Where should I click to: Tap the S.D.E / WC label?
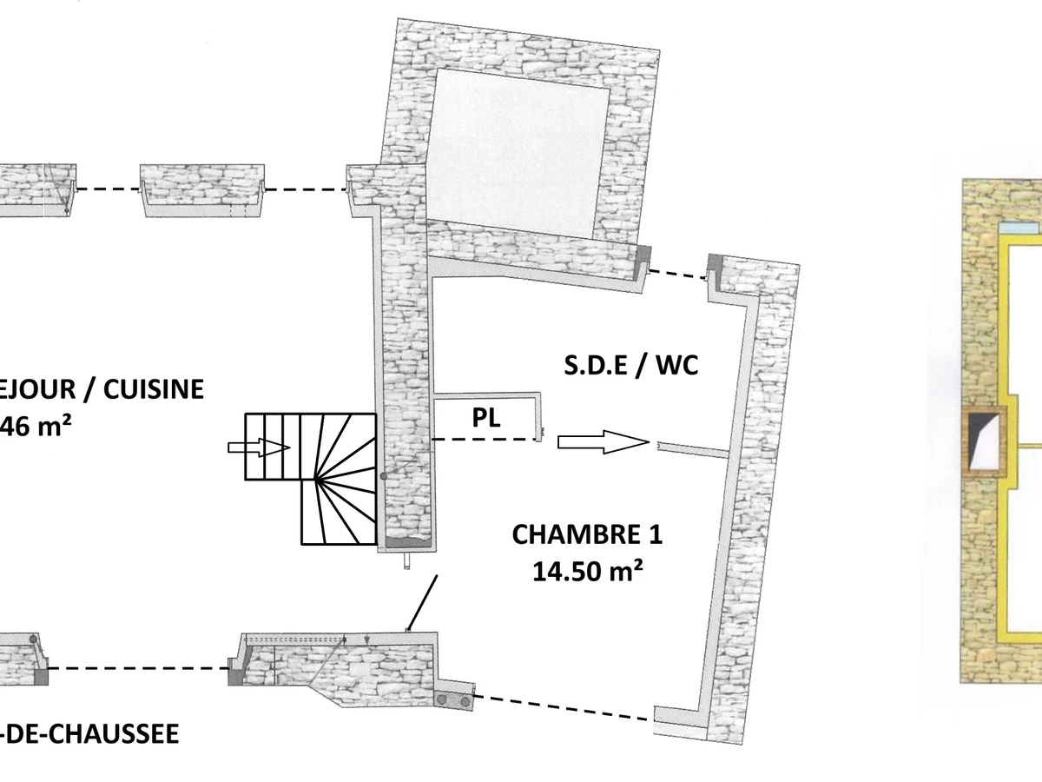click(x=631, y=366)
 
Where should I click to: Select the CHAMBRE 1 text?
click(x=587, y=533)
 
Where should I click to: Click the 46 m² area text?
click(x=36, y=427)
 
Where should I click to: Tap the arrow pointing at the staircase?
click(x=258, y=447)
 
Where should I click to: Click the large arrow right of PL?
click(x=603, y=442)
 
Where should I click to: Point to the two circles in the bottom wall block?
click(x=455, y=699)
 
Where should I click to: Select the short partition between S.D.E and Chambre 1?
click(x=692, y=450)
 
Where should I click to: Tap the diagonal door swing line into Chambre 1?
click(x=422, y=601)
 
